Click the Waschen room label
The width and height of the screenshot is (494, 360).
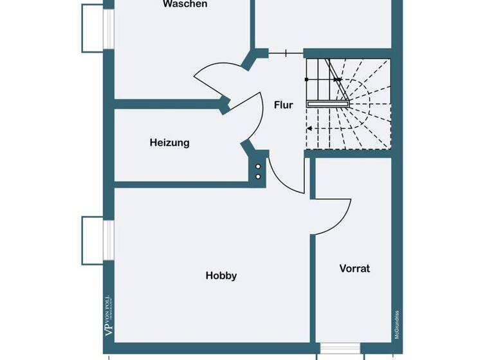coord(185,4)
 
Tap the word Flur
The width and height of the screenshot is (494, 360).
coord(283,105)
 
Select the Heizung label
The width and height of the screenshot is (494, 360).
coord(170,143)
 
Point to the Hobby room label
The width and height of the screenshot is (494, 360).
coord(221,276)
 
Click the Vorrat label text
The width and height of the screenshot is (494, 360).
coord(354,269)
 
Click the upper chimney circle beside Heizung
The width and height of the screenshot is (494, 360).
coord(259,165)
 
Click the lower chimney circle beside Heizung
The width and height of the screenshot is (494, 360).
coord(259,175)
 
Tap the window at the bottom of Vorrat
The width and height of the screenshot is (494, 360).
coord(338,348)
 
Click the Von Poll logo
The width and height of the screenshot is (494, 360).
coord(108,315)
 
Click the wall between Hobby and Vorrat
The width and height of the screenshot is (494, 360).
coord(313,289)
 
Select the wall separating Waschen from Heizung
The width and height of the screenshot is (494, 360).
coord(167,104)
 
